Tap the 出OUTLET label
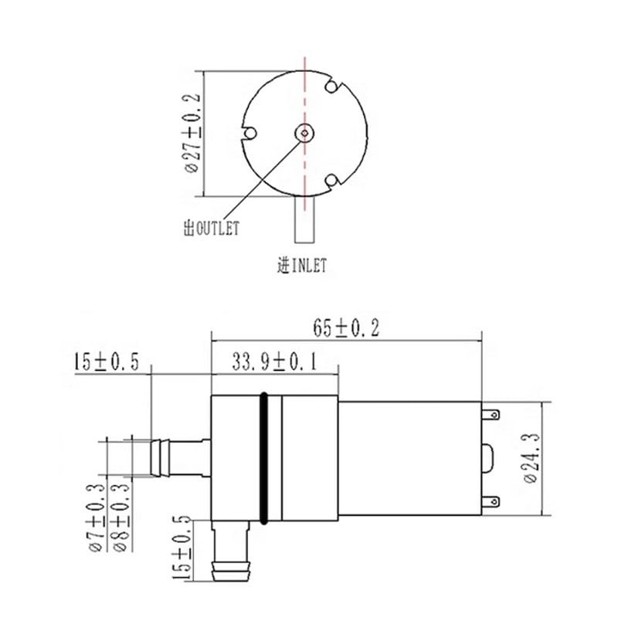coord(211,228)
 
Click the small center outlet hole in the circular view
coord(306,133)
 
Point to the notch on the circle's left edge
coord(249,133)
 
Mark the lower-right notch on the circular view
coord(332,181)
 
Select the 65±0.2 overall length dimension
coord(346,328)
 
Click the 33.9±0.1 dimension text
coord(275,362)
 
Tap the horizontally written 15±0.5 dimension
coord(106,362)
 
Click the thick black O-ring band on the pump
coord(265,457)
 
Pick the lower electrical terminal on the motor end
coord(490,502)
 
